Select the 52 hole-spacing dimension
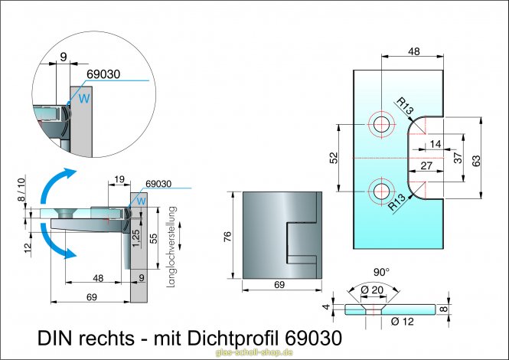[x=334, y=158]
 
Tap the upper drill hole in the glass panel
[x=380, y=123]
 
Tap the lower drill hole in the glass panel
[x=380, y=191]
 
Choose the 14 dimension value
[x=435, y=143]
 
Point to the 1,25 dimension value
[x=135, y=237]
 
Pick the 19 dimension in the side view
[x=119, y=178]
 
